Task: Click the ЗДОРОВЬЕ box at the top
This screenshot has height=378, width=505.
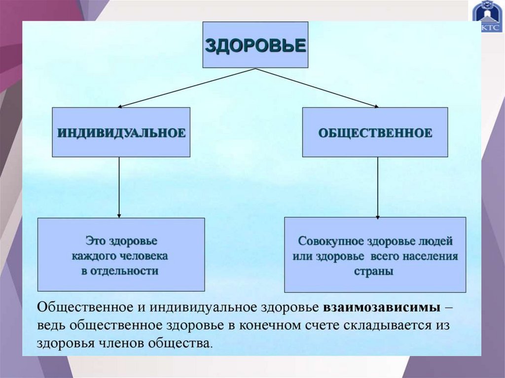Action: coord(255,45)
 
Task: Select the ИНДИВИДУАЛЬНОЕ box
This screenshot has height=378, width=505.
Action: coord(121,133)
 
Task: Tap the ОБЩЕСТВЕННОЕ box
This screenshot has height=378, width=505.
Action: coord(375,133)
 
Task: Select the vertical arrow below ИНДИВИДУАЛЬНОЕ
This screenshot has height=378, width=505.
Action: coord(119,187)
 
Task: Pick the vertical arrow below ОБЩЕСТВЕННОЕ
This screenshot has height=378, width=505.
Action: coord(378,187)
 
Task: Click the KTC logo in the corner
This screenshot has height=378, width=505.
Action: coord(486,17)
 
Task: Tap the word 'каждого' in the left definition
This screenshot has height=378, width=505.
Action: coord(92,256)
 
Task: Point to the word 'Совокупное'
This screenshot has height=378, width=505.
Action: coord(324,242)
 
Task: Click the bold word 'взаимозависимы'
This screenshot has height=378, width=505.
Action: coord(382,308)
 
